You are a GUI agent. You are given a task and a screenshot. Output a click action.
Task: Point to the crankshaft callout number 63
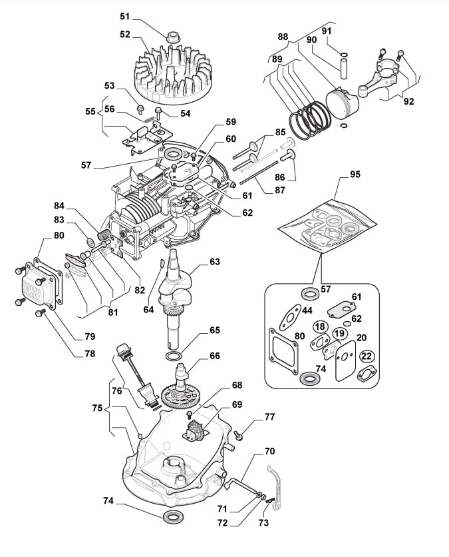[x=214, y=262]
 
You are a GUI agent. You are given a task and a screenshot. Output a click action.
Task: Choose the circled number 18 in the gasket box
[x=321, y=326]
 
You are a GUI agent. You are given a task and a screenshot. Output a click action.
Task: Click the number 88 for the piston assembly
[x=283, y=37]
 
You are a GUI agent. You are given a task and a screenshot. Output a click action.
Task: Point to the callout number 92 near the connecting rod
[x=408, y=101]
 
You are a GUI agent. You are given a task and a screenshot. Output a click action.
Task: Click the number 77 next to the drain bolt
[x=269, y=418]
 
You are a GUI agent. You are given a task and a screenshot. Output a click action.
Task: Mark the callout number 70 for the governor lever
[x=269, y=451]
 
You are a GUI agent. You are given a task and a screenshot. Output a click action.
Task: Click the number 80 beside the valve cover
[x=59, y=235]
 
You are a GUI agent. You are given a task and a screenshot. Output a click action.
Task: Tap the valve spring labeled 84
[x=104, y=235]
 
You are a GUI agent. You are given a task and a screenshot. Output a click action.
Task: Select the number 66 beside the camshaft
[x=214, y=356]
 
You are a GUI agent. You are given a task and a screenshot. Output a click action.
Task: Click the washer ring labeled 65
[x=175, y=359]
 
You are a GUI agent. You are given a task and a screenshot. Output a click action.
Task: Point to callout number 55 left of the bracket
[x=91, y=112]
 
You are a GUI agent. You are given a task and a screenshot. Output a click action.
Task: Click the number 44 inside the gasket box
[x=307, y=311]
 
